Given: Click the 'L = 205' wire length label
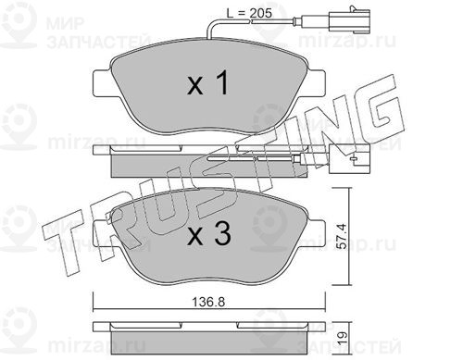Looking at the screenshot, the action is (249, 13).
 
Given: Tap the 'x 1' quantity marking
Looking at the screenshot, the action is (207, 82).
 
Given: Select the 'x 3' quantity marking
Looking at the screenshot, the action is (209, 234).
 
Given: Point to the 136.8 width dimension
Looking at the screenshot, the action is (208, 302).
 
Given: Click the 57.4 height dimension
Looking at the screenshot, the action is (342, 236).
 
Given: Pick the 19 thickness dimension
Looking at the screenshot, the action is (343, 335).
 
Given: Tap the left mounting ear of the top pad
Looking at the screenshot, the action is (102, 82).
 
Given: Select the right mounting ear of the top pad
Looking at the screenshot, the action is (316, 82).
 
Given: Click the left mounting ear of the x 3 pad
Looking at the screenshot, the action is (102, 232).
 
